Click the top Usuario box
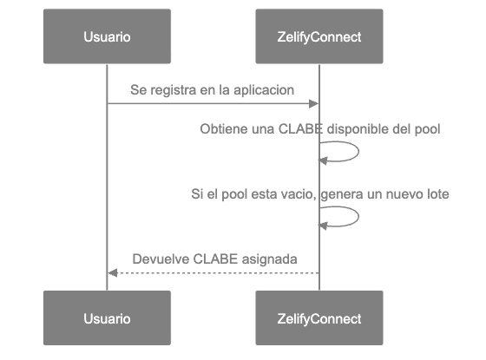pyautogui.click(x=107, y=36)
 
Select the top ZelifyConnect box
pyautogui.click(x=319, y=36)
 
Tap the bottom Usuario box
pyautogui.click(x=107, y=318)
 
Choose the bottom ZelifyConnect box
pyautogui.click(x=319, y=318)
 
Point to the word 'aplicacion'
pyautogui.click(x=266, y=90)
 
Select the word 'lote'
pyautogui.click(x=436, y=194)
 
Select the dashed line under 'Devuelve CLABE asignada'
pyautogui.click(x=213, y=273)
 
